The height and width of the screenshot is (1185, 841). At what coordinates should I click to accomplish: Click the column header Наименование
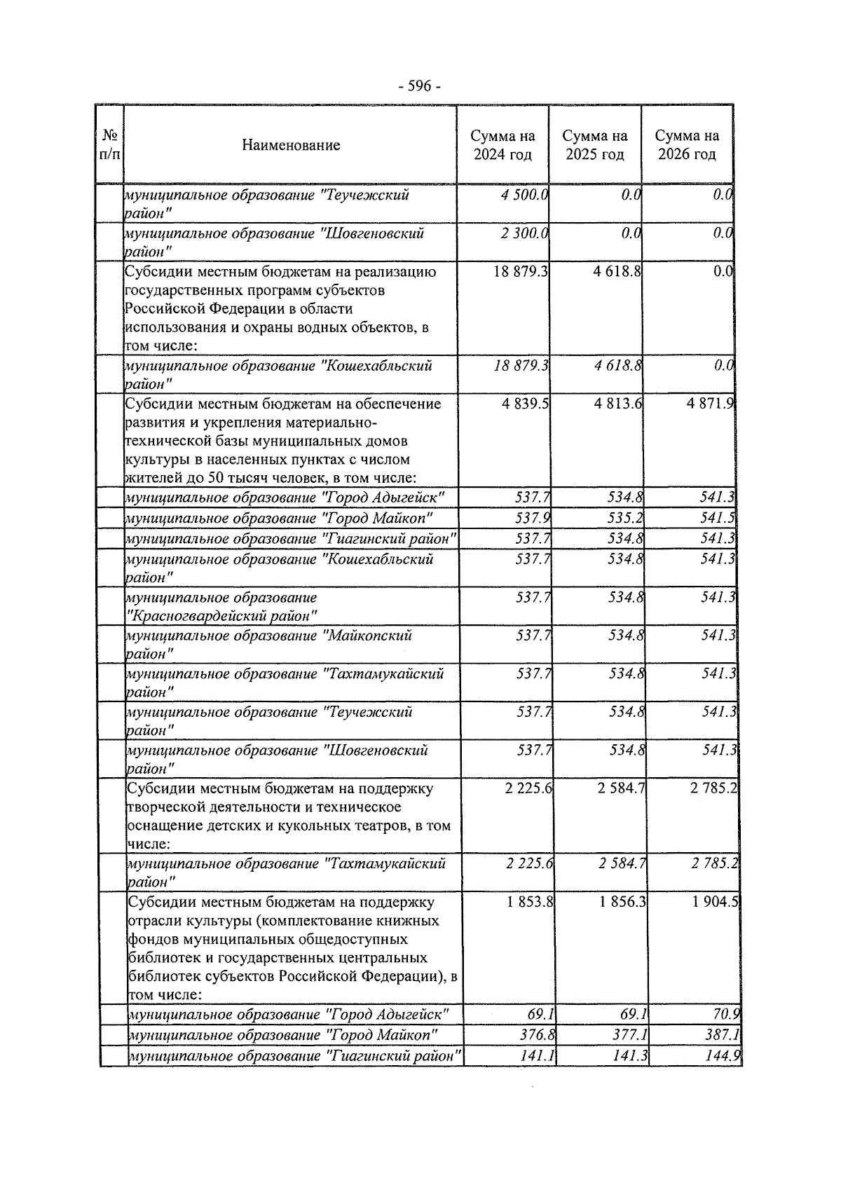[291, 145]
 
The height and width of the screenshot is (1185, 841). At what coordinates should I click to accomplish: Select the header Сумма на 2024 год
[502, 145]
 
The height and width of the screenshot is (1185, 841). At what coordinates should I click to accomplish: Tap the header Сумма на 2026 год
[687, 145]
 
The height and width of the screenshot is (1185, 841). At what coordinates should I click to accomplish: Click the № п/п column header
[109, 144]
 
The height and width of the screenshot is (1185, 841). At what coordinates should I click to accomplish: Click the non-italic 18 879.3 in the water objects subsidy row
[521, 271]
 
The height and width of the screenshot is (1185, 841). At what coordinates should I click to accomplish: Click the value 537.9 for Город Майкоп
[533, 519]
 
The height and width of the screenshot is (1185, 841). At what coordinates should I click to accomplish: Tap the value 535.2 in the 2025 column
[626, 519]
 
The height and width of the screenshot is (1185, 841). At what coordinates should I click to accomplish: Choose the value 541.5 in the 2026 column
[718, 519]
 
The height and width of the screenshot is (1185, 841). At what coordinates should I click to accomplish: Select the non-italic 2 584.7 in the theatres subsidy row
[621, 788]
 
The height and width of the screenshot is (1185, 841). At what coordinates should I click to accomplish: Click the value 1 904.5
[715, 902]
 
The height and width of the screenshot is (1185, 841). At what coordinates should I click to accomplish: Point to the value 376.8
[537, 1034]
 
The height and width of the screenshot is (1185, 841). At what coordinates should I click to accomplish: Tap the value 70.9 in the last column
[727, 1014]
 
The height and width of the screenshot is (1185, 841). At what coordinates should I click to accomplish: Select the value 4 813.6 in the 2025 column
[617, 404]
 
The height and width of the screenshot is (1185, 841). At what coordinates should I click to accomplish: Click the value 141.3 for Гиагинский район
[630, 1055]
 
